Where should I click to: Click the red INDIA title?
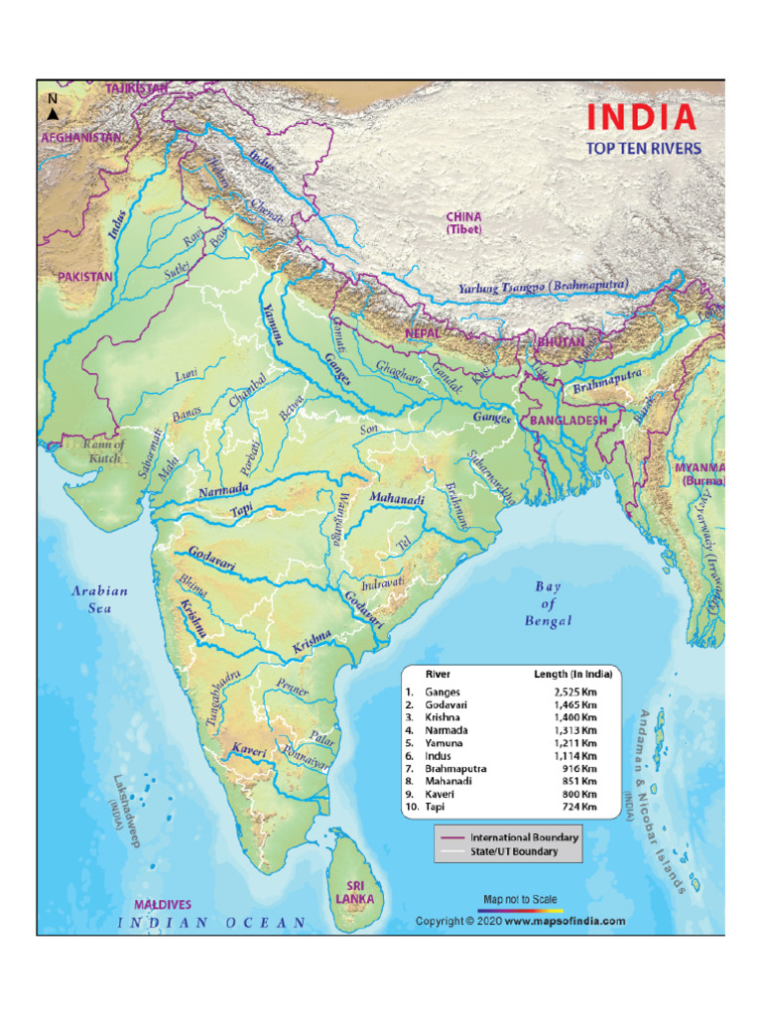641,117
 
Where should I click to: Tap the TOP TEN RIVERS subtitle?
643,149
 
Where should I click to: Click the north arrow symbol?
52,112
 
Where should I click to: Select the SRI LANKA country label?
354,891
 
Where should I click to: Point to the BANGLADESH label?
568,421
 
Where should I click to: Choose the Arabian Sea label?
99,598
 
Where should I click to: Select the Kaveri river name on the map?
249,751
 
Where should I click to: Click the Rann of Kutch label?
103,451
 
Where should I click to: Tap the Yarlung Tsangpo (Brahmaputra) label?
543,287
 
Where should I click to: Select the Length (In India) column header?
572,674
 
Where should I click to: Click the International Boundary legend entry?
524,837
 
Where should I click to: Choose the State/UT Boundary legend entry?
513,851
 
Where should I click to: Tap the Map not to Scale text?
520,899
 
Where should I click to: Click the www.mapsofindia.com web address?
565,921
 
